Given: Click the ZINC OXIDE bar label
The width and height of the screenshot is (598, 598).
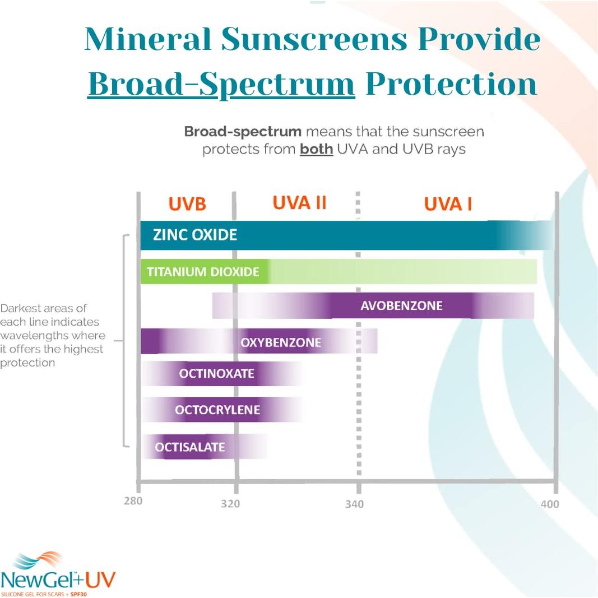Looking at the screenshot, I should tap(195, 234).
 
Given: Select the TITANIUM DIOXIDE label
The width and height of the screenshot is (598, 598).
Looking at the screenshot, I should tap(203, 272).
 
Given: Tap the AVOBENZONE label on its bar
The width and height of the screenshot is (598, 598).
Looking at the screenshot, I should tap(401, 306).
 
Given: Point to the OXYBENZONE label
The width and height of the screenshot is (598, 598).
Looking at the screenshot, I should tap(281, 342).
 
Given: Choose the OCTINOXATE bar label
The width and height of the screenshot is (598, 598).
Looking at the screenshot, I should tap(216, 373).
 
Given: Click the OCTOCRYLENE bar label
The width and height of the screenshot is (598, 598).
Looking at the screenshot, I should tap(217, 410).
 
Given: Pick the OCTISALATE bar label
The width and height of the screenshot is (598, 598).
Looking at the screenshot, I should tap(190, 447).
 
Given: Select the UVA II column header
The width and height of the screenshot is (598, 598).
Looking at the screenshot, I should tap(299, 203).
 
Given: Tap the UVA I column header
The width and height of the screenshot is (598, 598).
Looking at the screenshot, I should tap(448, 204).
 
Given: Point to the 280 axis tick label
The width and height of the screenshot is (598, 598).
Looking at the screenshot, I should tap(133, 500).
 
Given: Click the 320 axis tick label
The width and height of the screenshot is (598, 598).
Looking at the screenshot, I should tap(230, 503).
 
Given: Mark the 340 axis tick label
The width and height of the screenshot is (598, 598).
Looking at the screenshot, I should tap(354, 504).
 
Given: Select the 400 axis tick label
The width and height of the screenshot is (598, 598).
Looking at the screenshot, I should tap(549, 504).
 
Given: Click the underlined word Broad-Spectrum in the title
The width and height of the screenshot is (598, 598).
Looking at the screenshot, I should tap(221, 84).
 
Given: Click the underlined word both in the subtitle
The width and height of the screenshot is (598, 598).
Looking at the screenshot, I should tap(316, 150).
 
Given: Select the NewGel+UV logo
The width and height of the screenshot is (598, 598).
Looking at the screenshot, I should tap(58, 574).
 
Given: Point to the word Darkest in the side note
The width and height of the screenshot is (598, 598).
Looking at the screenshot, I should tap(20, 308).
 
